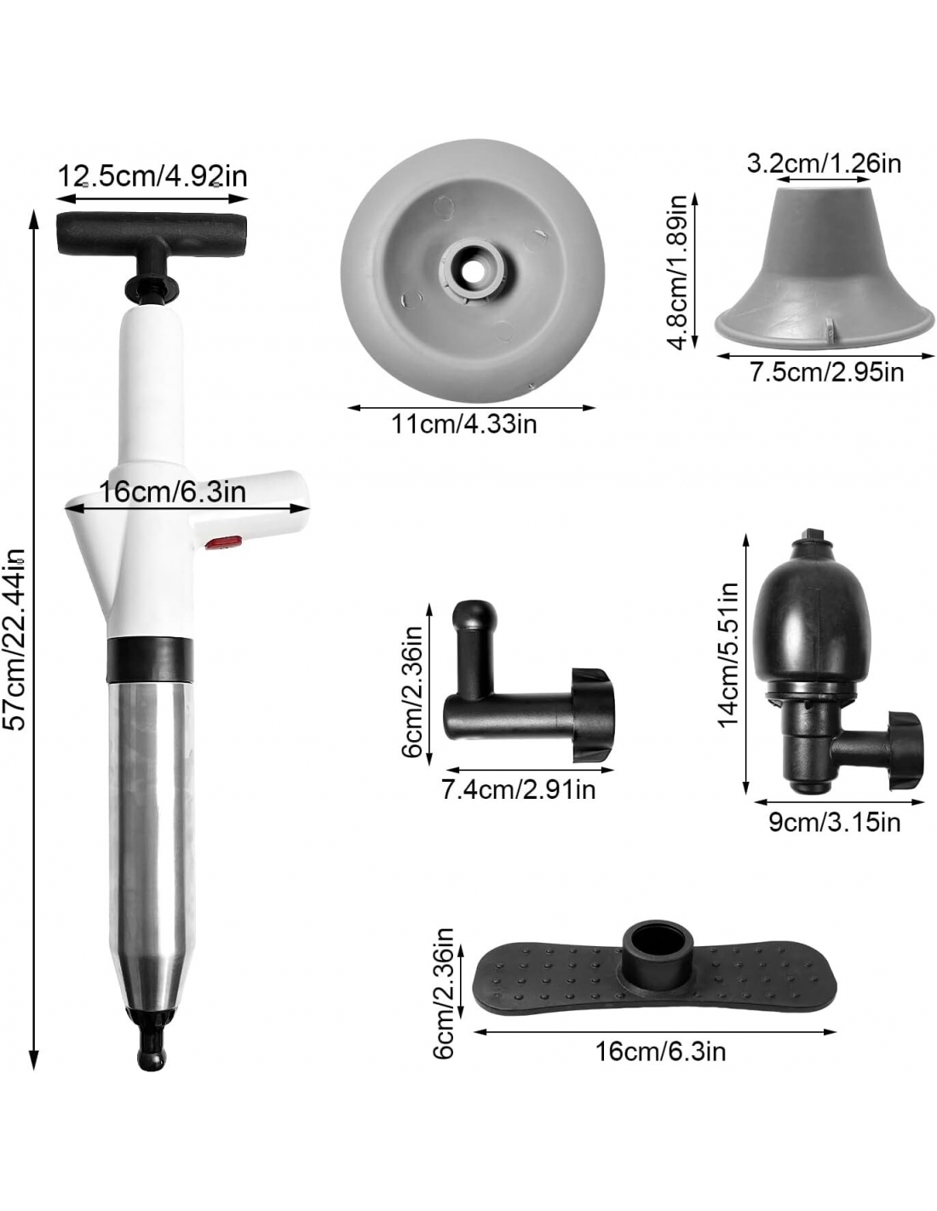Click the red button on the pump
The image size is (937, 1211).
[x=223, y=542]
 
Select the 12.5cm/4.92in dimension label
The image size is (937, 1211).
[x=152, y=176]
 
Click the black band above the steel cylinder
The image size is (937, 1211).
[x=149, y=660]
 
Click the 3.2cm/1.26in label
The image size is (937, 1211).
[x=824, y=164]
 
